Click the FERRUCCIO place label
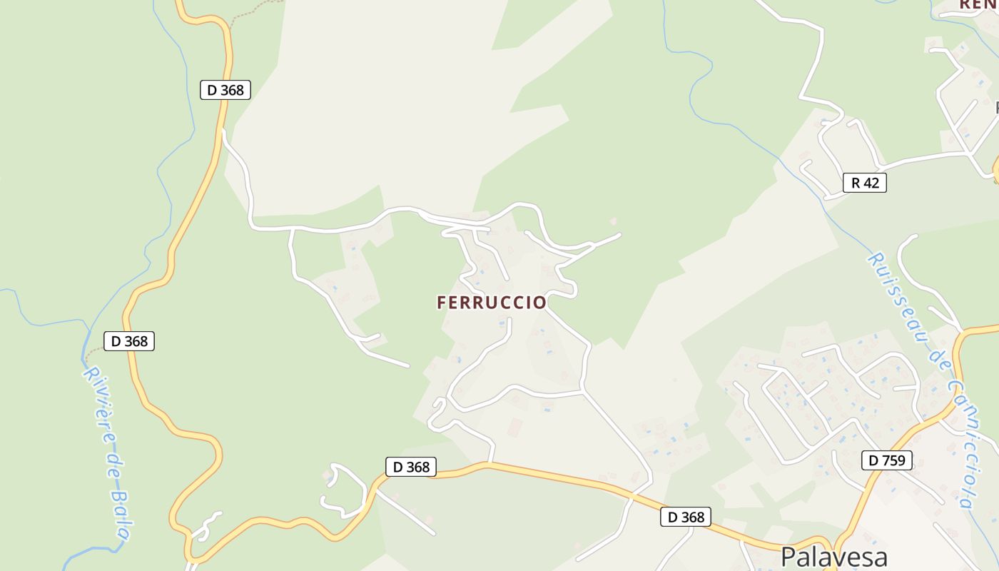coord(492,303)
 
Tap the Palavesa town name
coord(833,557)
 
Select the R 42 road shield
coord(865,183)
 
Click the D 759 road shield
coord(887,460)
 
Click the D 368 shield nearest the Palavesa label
coord(686,517)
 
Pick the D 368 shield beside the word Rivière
coord(129,341)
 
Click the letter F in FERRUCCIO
coord(442,303)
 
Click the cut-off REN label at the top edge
coord(978,4)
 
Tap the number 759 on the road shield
coord(894,460)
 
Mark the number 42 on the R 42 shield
coord(871,183)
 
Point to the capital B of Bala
coord(117,493)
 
